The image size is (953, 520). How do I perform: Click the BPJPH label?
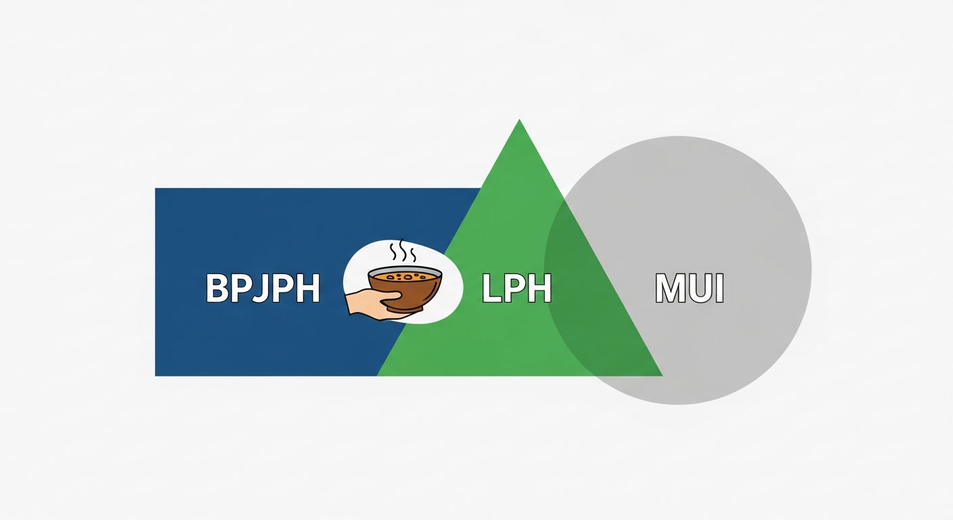(x=263, y=288)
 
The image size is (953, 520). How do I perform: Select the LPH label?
(x=516, y=288)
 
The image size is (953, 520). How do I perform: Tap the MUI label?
(x=689, y=288)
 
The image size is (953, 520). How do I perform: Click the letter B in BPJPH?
(x=217, y=288)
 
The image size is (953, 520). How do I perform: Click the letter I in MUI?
(x=720, y=288)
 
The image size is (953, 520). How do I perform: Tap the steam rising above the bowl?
(x=403, y=251)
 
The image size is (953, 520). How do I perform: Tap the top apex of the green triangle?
(x=519, y=120)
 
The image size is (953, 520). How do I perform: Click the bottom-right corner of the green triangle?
(x=663, y=376)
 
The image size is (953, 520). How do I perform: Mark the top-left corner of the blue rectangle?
(x=155, y=188)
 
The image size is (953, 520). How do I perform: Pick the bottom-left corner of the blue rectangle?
(x=155, y=376)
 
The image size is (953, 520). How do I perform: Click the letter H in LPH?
(x=539, y=288)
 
